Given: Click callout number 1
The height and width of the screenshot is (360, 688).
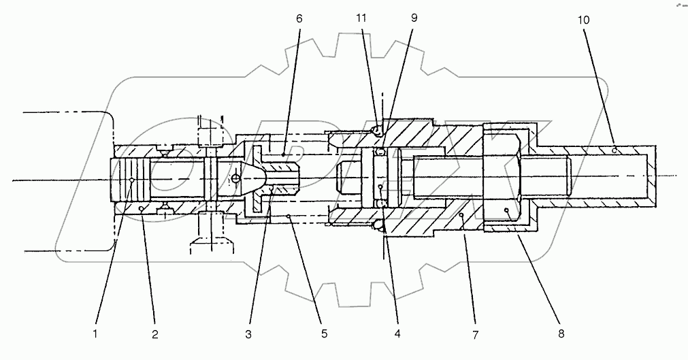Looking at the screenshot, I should click(96, 334).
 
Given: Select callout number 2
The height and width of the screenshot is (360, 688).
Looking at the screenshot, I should click(155, 334).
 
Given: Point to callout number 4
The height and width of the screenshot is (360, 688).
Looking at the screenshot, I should click(397, 334).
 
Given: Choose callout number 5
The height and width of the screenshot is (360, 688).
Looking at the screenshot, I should click(324, 334).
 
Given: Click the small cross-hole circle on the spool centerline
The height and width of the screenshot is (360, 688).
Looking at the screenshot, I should click(235, 178).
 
